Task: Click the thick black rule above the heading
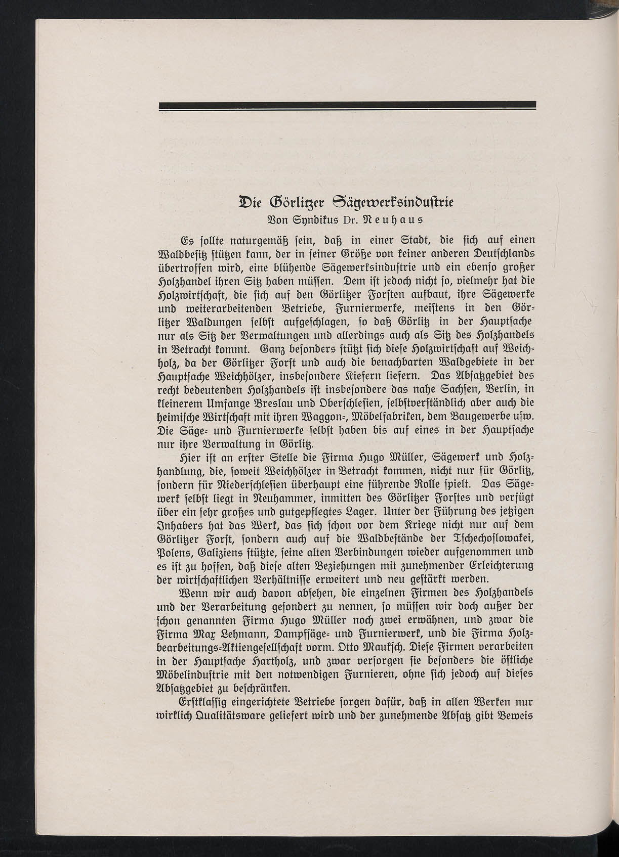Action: [347, 105]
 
